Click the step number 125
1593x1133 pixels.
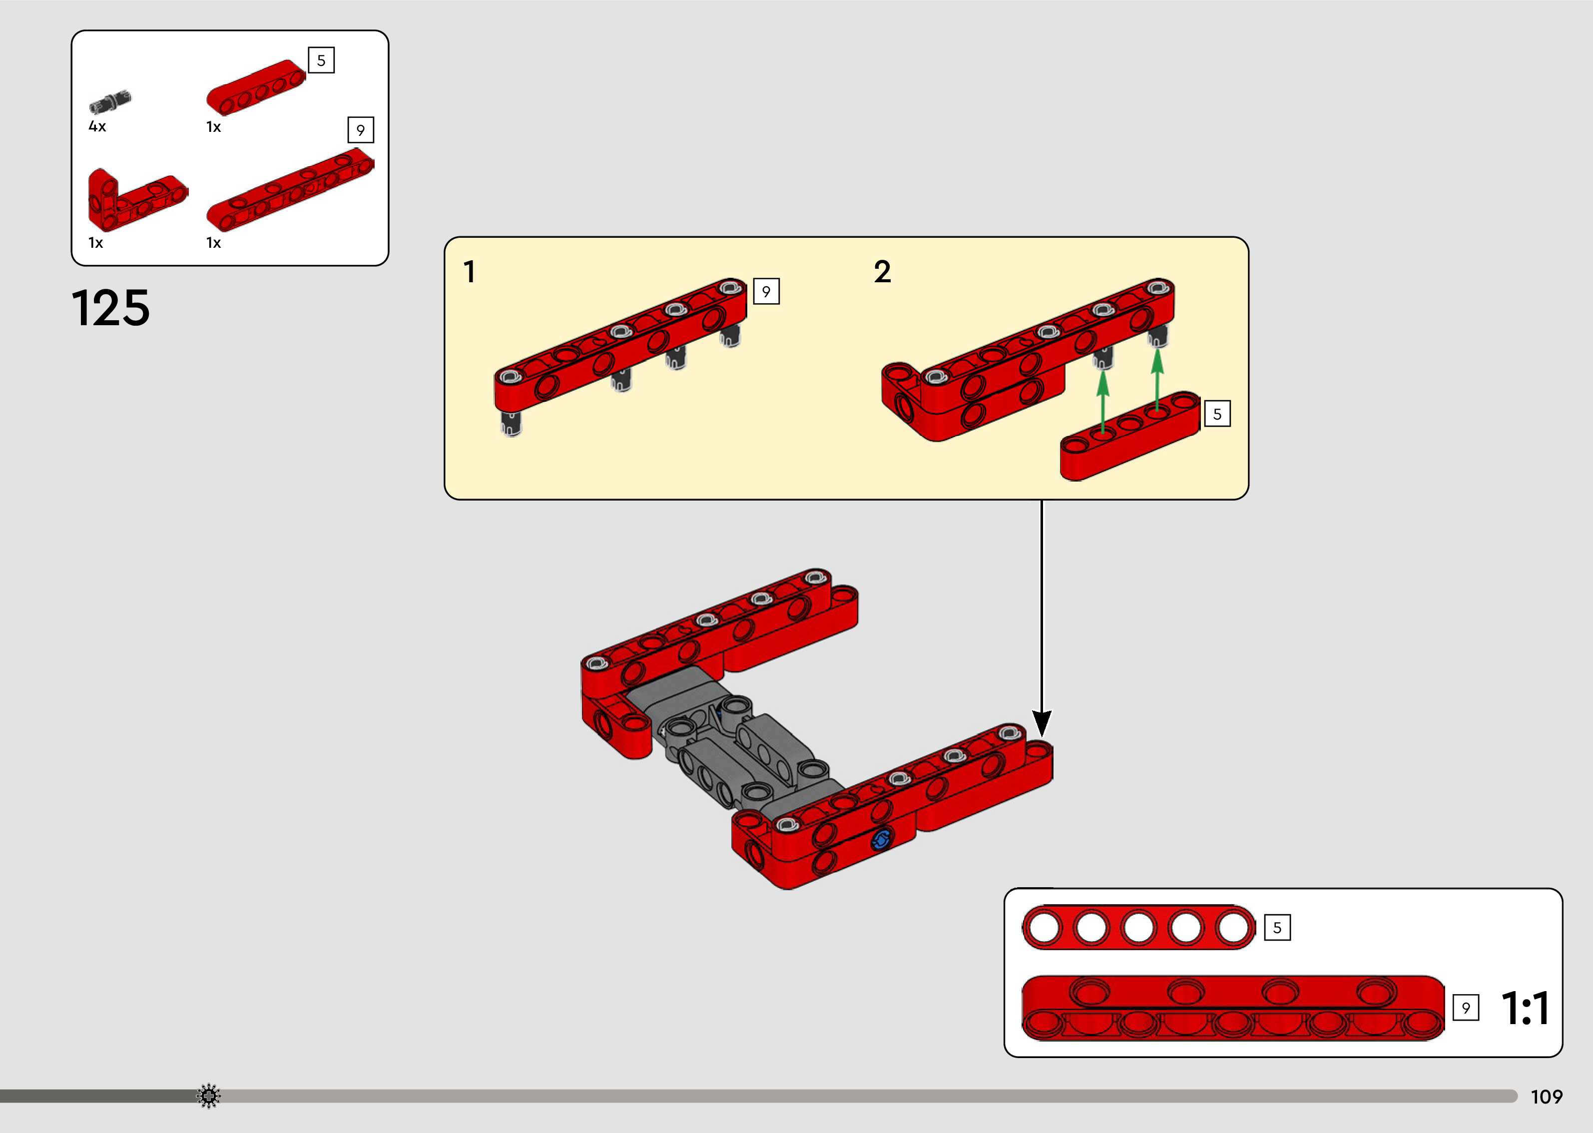point(110,308)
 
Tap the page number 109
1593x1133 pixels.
point(1546,1097)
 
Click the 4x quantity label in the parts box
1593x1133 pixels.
point(97,127)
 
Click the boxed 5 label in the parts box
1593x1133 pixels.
point(321,61)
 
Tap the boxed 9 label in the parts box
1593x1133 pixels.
point(361,130)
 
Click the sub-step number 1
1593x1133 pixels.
point(470,272)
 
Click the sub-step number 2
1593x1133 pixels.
point(882,272)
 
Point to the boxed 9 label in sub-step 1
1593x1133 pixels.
point(766,292)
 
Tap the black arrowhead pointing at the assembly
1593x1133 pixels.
point(1042,723)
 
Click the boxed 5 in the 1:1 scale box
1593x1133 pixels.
point(1277,928)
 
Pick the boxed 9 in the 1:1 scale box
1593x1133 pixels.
point(1465,1008)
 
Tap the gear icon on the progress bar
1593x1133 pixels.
point(208,1096)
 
